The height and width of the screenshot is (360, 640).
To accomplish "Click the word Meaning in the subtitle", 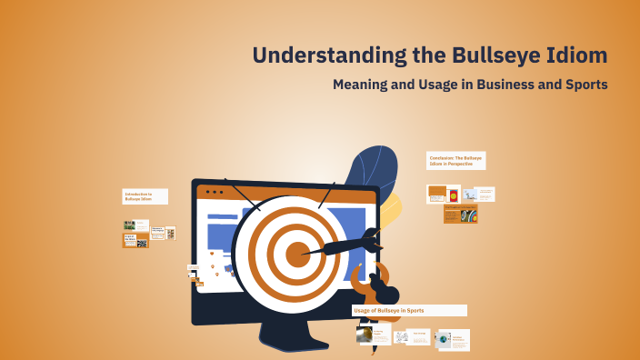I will [x=364, y=85].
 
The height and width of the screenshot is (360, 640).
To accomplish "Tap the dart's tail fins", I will [x=371, y=240].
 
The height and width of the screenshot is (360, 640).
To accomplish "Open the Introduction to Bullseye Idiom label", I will [x=145, y=196].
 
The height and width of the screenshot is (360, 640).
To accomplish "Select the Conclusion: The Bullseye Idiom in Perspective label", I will [x=455, y=161].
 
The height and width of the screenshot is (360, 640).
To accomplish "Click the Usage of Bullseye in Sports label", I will [x=409, y=310].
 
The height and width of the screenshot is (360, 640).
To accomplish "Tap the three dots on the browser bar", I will [x=215, y=193].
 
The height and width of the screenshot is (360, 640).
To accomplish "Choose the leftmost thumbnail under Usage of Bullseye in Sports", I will [x=375, y=337].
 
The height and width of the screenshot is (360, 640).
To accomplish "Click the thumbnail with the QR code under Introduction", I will [x=142, y=244].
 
